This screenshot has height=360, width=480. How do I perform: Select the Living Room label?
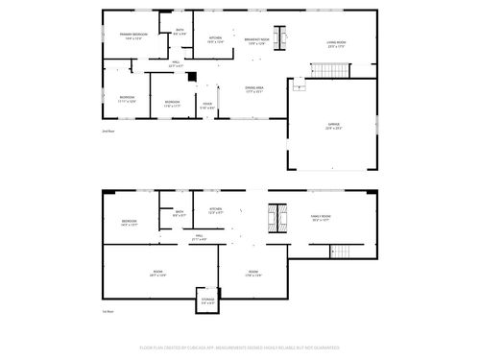tap(336, 43)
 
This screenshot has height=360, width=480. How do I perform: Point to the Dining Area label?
tap(254, 89)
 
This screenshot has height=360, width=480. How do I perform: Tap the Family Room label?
tap(321, 218)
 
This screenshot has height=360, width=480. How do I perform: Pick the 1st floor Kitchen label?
tap(216, 210)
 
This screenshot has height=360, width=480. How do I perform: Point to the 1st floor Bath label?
tap(179, 214)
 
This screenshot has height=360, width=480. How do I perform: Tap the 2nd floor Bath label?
tap(180, 32)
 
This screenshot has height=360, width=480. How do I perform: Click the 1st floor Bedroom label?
tap(129, 223)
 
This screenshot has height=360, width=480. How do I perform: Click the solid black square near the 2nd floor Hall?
tap(191, 77)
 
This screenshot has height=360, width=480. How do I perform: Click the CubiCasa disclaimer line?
tap(240, 347)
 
